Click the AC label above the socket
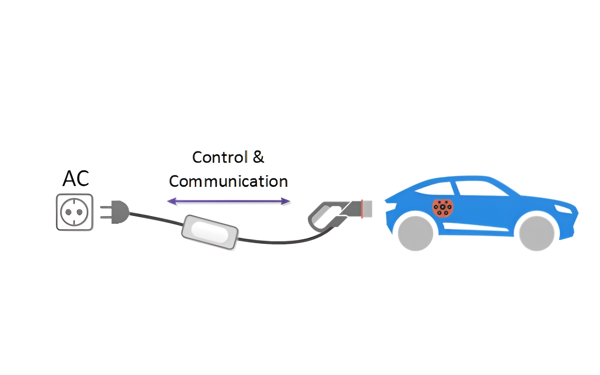pos(76,178)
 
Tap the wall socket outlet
pos(75,212)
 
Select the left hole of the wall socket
pos(69,212)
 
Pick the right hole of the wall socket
pos(80,212)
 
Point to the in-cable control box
pos(210,232)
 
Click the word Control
pos(220,157)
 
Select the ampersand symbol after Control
pos(258,157)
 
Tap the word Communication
pos(228,181)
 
